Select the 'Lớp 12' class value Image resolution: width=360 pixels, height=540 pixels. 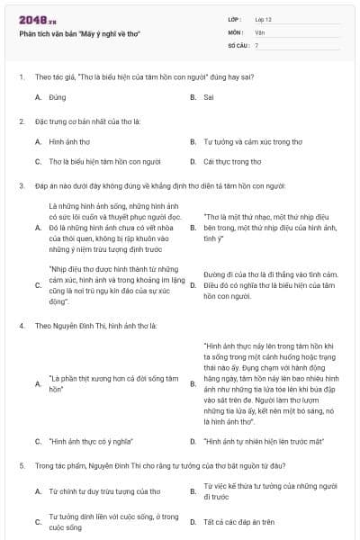(264, 19)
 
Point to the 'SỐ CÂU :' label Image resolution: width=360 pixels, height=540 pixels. (238, 44)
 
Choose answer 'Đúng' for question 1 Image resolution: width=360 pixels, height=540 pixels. (58, 96)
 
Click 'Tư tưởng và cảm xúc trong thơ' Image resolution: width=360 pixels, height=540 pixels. (239, 141)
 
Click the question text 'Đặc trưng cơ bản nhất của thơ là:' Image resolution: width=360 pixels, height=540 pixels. (85, 120)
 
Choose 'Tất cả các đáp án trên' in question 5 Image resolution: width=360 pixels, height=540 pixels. (238, 522)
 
